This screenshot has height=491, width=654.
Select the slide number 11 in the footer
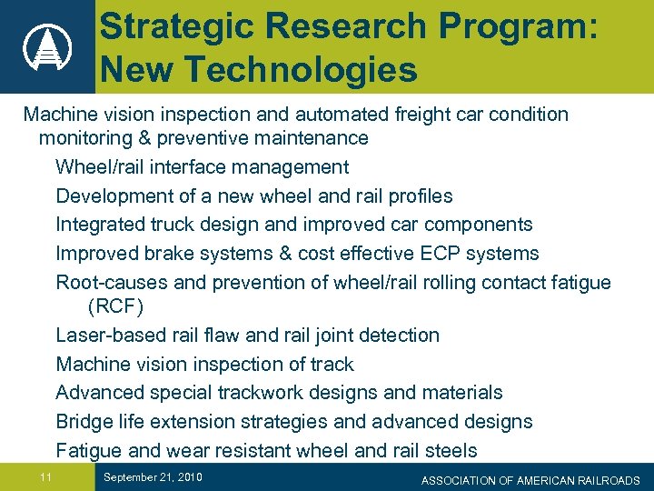tap(45, 477)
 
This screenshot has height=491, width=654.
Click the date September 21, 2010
tap(153, 477)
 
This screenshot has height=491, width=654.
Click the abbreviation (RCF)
tap(115, 306)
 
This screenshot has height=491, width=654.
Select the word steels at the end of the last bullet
tap(451, 450)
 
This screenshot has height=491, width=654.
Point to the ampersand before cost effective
tap(272, 254)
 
